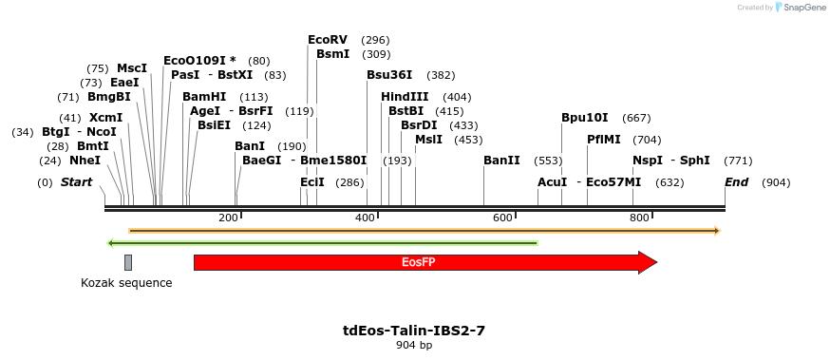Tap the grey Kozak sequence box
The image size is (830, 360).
tap(128, 262)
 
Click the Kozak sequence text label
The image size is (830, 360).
tap(126, 283)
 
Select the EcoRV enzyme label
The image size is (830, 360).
tap(328, 40)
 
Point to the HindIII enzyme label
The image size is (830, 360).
tap(405, 97)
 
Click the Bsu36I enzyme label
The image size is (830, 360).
tap(389, 75)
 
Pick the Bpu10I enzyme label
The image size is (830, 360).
tap(585, 118)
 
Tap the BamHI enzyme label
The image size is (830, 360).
tap(204, 97)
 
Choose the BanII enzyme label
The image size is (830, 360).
tap(501, 161)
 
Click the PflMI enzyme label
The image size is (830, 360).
tap(604, 140)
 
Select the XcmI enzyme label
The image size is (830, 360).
tap(105, 118)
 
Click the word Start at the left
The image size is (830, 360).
tap(77, 182)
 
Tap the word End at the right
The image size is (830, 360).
tap(737, 182)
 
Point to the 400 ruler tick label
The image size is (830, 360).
tap(365, 218)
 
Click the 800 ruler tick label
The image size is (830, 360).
tap(639, 218)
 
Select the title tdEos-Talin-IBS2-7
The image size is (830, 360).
tap(414, 331)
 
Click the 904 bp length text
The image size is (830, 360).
tap(414, 346)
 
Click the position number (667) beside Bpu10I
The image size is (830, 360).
tap(636, 118)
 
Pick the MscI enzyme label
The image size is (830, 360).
tap(132, 68)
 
